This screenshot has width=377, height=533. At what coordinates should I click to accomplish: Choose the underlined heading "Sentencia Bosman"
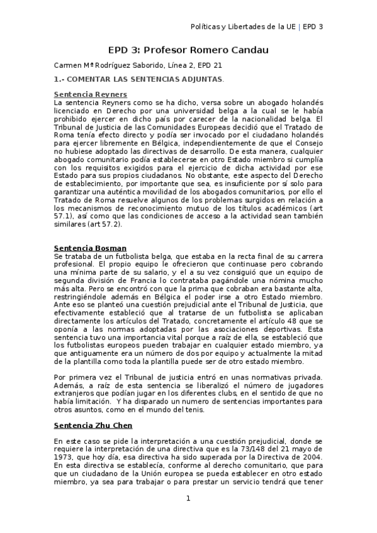point(81,248)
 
